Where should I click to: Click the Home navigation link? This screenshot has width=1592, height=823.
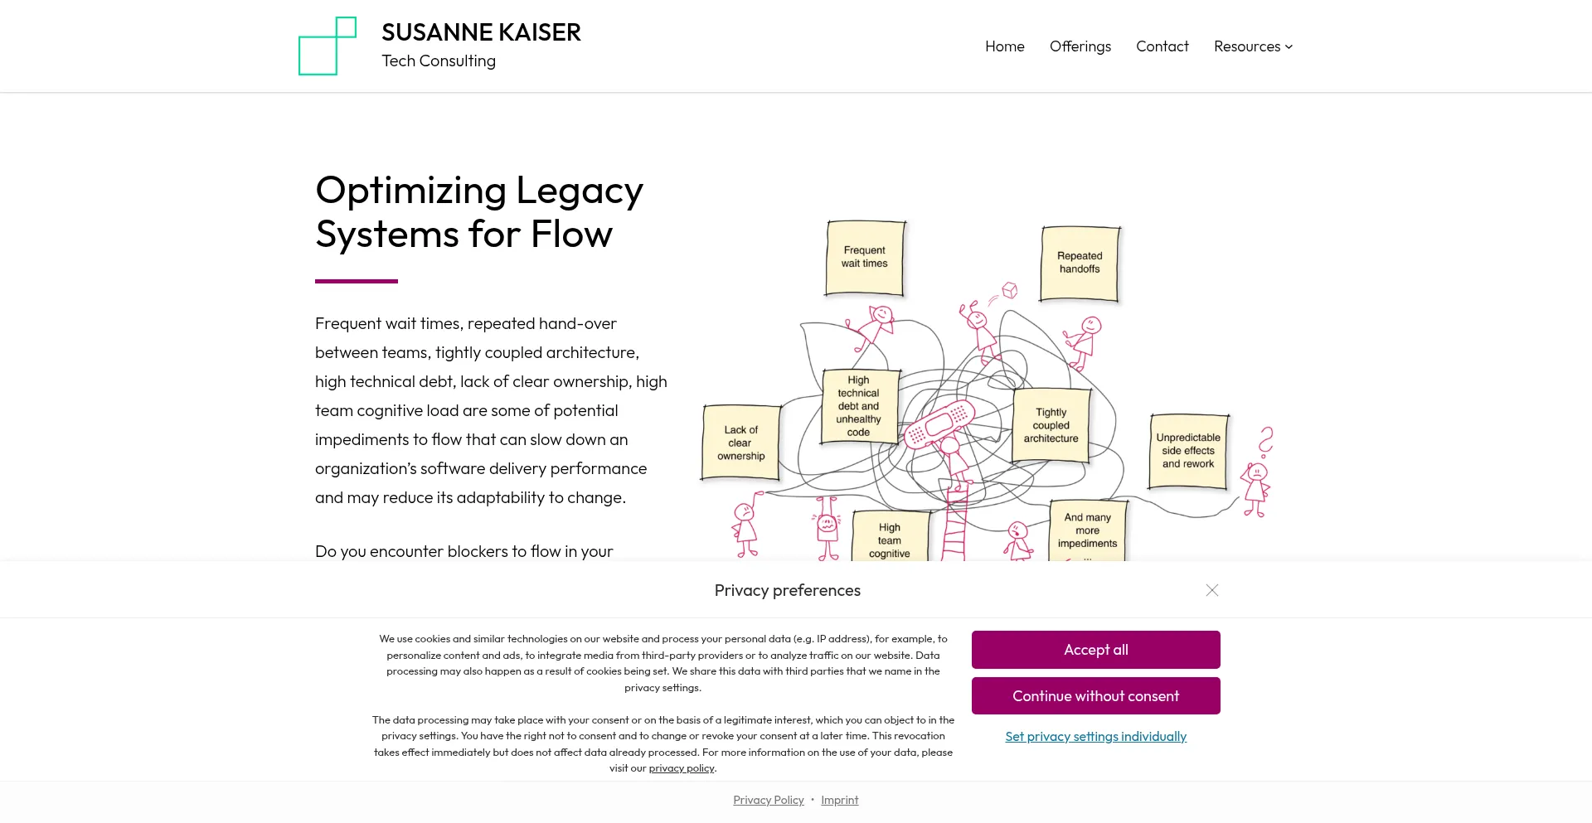pyautogui.click(x=1004, y=46)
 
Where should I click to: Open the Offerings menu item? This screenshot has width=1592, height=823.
pyautogui.click(x=1080, y=46)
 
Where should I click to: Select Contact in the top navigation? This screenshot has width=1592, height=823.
pyautogui.click(x=1162, y=46)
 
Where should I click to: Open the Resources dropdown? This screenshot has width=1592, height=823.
pyautogui.click(x=1253, y=46)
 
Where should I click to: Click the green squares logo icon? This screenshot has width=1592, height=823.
pyautogui.click(x=328, y=46)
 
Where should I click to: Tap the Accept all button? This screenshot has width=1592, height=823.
pyautogui.click(x=1095, y=650)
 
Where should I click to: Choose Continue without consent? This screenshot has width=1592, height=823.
pyautogui.click(x=1095, y=696)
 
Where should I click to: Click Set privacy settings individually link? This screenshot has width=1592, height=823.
pyautogui.click(x=1095, y=737)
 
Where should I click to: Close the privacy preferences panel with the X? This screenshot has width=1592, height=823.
pyautogui.click(x=1211, y=590)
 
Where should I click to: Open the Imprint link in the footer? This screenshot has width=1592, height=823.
pyautogui.click(x=839, y=800)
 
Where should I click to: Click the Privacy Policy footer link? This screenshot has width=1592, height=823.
pyautogui.click(x=768, y=800)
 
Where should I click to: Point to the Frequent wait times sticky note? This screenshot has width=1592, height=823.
pyautogui.click(x=865, y=258)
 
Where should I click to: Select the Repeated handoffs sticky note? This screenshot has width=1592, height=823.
pyautogui.click(x=1080, y=264)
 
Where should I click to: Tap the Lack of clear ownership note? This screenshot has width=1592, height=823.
pyautogui.click(x=740, y=443)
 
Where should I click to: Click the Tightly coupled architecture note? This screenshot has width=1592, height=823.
pyautogui.click(x=1051, y=425)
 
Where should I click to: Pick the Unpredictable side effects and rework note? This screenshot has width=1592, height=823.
pyautogui.click(x=1187, y=451)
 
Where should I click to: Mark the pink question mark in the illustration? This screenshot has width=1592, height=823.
pyautogui.click(x=1265, y=441)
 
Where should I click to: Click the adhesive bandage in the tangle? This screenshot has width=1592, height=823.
pyautogui.click(x=939, y=424)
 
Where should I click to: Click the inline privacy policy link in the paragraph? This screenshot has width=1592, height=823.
pyautogui.click(x=682, y=768)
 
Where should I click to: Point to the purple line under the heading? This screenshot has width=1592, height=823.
pyautogui.click(x=357, y=281)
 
